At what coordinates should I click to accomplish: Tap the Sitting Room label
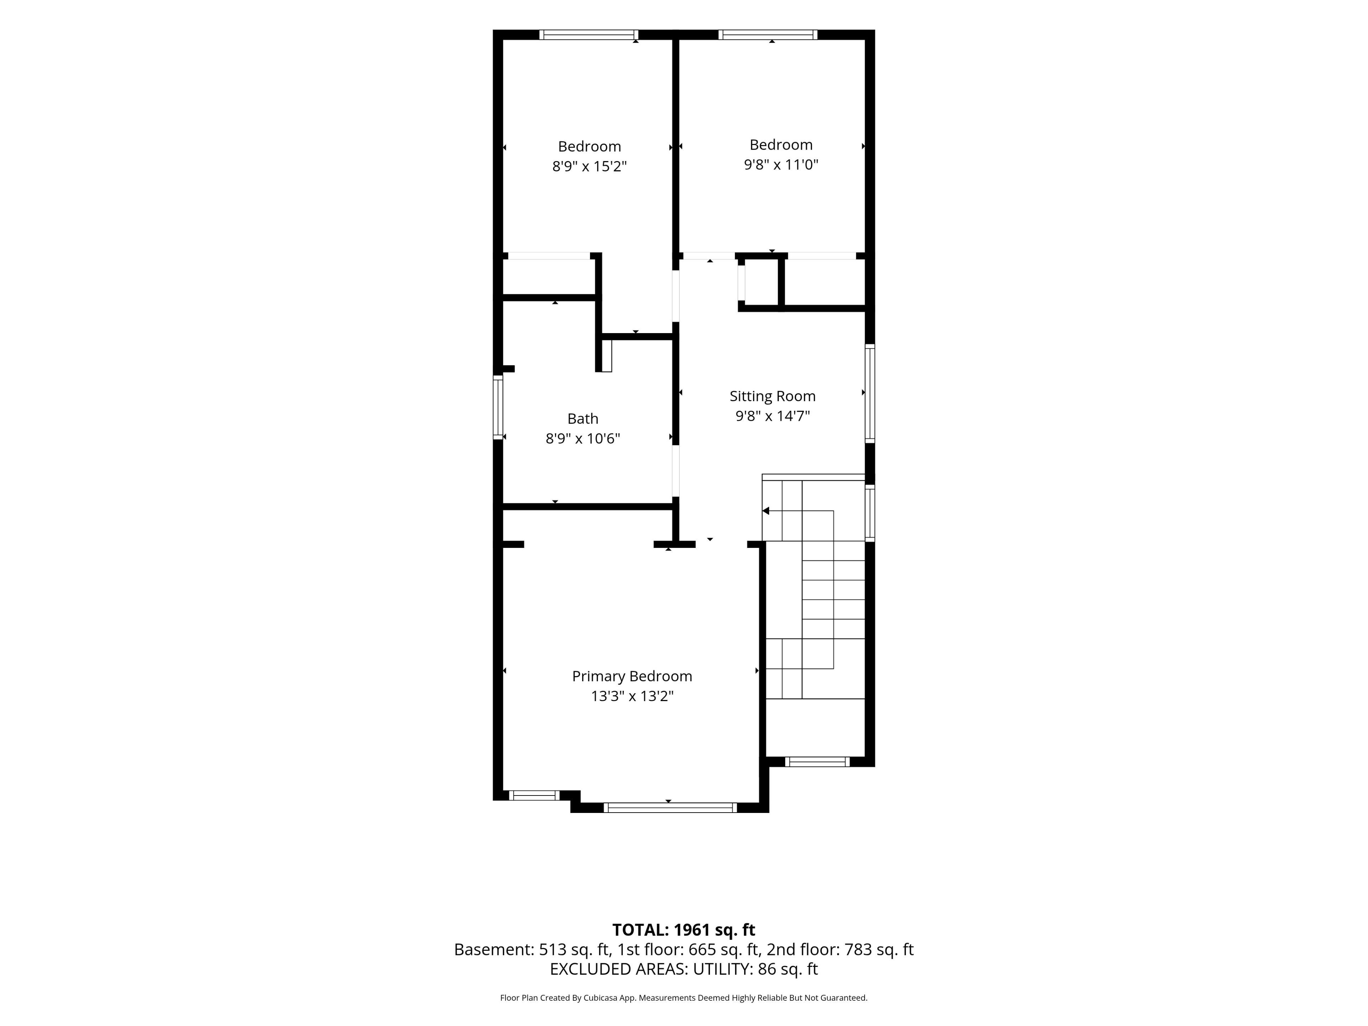772,397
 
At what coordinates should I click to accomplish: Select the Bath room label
582,419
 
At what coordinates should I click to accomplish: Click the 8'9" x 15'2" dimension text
589,166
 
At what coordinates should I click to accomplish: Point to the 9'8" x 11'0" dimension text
781,165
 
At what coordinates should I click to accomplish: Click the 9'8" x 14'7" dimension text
772,416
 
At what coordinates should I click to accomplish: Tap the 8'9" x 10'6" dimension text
582,439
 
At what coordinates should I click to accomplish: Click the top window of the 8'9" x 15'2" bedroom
589,35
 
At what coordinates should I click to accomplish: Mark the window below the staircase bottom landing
818,762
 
